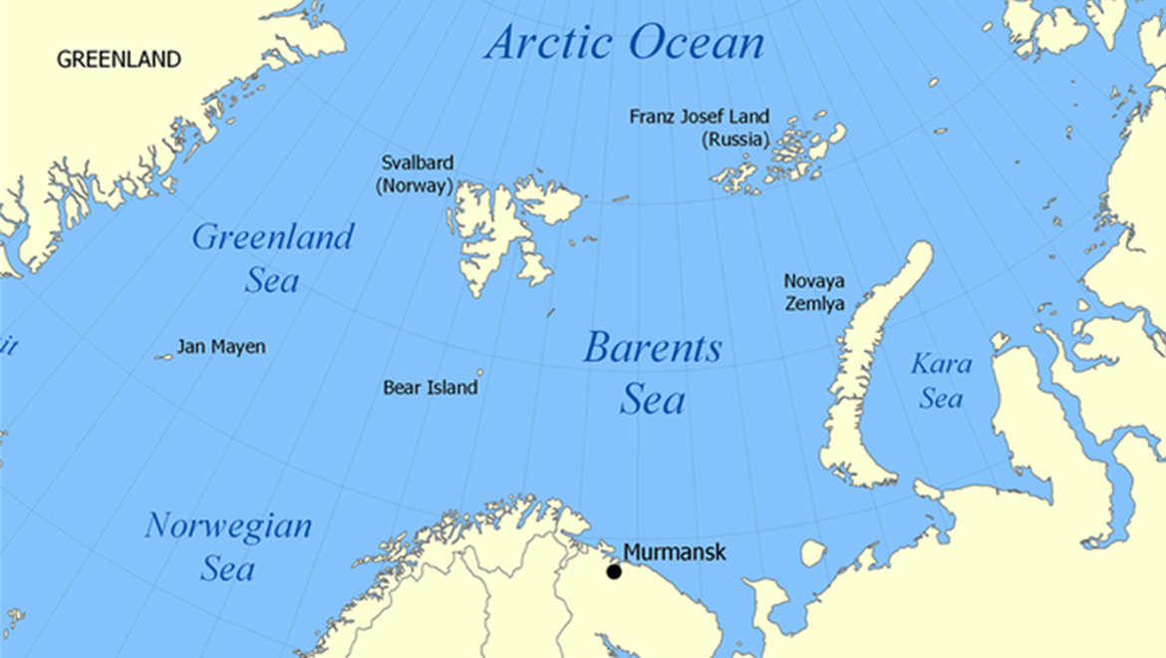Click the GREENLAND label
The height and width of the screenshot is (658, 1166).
119,60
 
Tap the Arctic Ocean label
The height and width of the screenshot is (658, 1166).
625,43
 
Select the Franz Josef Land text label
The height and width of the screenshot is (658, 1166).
699,117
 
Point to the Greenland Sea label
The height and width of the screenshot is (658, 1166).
272,257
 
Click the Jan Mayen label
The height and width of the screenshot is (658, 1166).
221,347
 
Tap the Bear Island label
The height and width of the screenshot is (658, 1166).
430,388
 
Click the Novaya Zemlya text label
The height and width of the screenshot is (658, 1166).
814,292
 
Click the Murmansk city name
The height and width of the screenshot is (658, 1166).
675,552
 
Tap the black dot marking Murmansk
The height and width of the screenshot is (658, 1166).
614,571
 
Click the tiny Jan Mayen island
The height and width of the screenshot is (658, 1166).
164,357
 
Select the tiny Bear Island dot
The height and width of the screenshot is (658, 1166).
480,373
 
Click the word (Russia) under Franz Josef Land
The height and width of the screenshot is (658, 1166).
734,140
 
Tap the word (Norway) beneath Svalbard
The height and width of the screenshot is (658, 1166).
415,185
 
